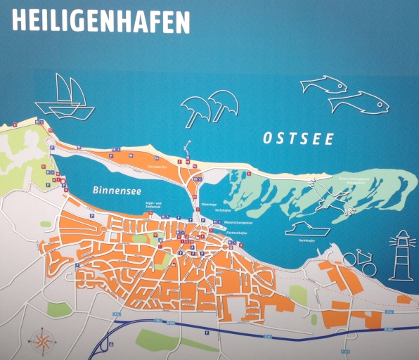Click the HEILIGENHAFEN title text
(101, 22)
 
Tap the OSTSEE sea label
(297, 138)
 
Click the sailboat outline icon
(65, 96)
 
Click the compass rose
(41, 340)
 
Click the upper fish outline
(323, 86)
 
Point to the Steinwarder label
(157, 167)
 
